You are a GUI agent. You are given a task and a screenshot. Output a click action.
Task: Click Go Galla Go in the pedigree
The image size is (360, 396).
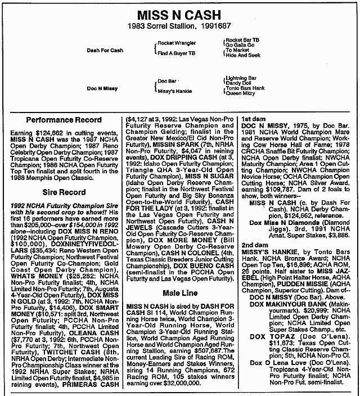240,44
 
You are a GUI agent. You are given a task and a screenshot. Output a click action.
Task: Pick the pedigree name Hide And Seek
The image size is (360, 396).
242,55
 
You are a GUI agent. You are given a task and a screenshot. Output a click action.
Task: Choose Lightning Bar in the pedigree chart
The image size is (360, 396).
241,78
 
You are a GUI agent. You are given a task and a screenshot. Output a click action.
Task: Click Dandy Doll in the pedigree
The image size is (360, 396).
238,83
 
